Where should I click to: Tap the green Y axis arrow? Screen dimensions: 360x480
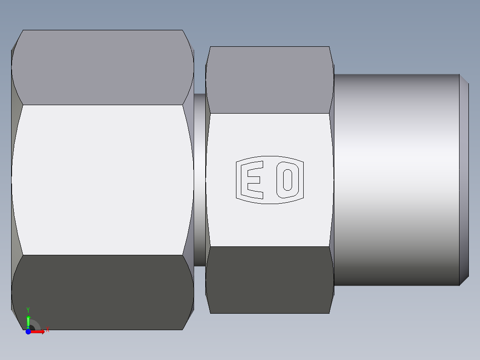(x=28, y=320)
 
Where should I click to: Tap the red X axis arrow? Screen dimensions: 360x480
(x=39, y=331)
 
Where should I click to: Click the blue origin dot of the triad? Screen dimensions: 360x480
(x=28, y=331)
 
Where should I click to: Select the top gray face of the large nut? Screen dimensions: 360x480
(x=102, y=67)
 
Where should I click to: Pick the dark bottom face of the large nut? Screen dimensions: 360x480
(x=102, y=292)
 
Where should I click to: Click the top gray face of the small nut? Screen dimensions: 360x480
(x=269, y=79)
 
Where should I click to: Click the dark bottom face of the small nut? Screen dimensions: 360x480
(x=269, y=280)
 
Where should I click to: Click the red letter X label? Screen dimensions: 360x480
(x=47, y=330)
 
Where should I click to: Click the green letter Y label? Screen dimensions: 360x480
(x=28, y=309)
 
